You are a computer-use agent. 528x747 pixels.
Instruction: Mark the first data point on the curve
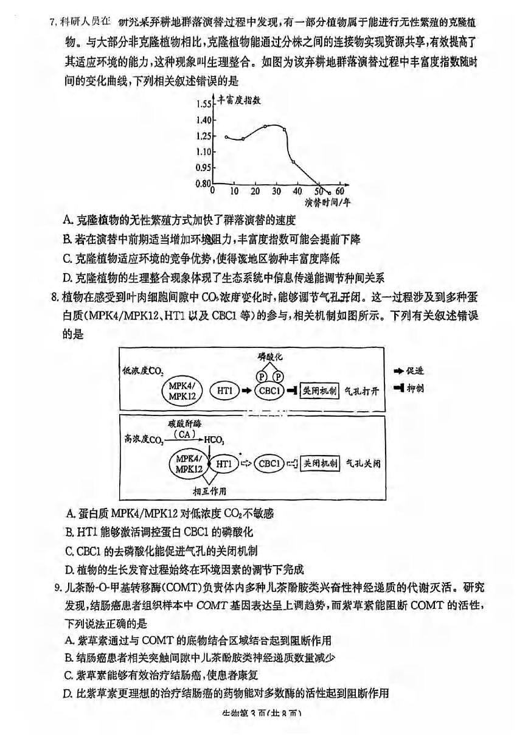(x=226, y=137)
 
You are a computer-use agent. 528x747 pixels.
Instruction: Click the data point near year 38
(x=293, y=161)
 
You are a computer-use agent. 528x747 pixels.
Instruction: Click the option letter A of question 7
(x=66, y=220)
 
